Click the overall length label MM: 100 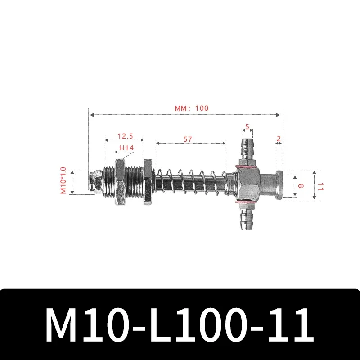click(192, 108)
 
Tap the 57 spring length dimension click(188, 139)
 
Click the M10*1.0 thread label click(63, 181)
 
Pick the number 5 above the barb click(247, 126)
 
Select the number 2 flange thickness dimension click(279, 139)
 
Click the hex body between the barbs click(247, 184)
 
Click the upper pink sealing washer click(247, 166)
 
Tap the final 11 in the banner click(288, 325)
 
